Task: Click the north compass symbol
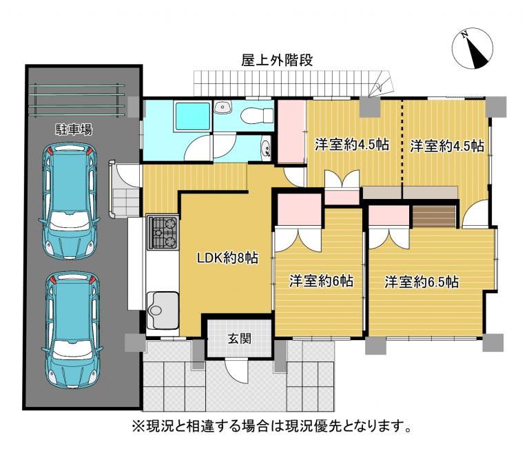473,49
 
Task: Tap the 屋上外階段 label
277,60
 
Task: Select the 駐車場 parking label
74,129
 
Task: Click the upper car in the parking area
70,201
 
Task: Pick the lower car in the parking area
72,330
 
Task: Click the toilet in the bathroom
257,115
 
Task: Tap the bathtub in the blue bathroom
192,116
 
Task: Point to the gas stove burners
163,232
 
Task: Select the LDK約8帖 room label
228,258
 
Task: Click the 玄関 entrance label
239,338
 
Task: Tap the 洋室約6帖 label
321,281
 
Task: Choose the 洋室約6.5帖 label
422,282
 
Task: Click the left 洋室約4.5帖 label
352,145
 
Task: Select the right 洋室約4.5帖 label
447,146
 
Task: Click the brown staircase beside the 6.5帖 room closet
433,216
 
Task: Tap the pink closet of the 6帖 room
299,209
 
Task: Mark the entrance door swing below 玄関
236,370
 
